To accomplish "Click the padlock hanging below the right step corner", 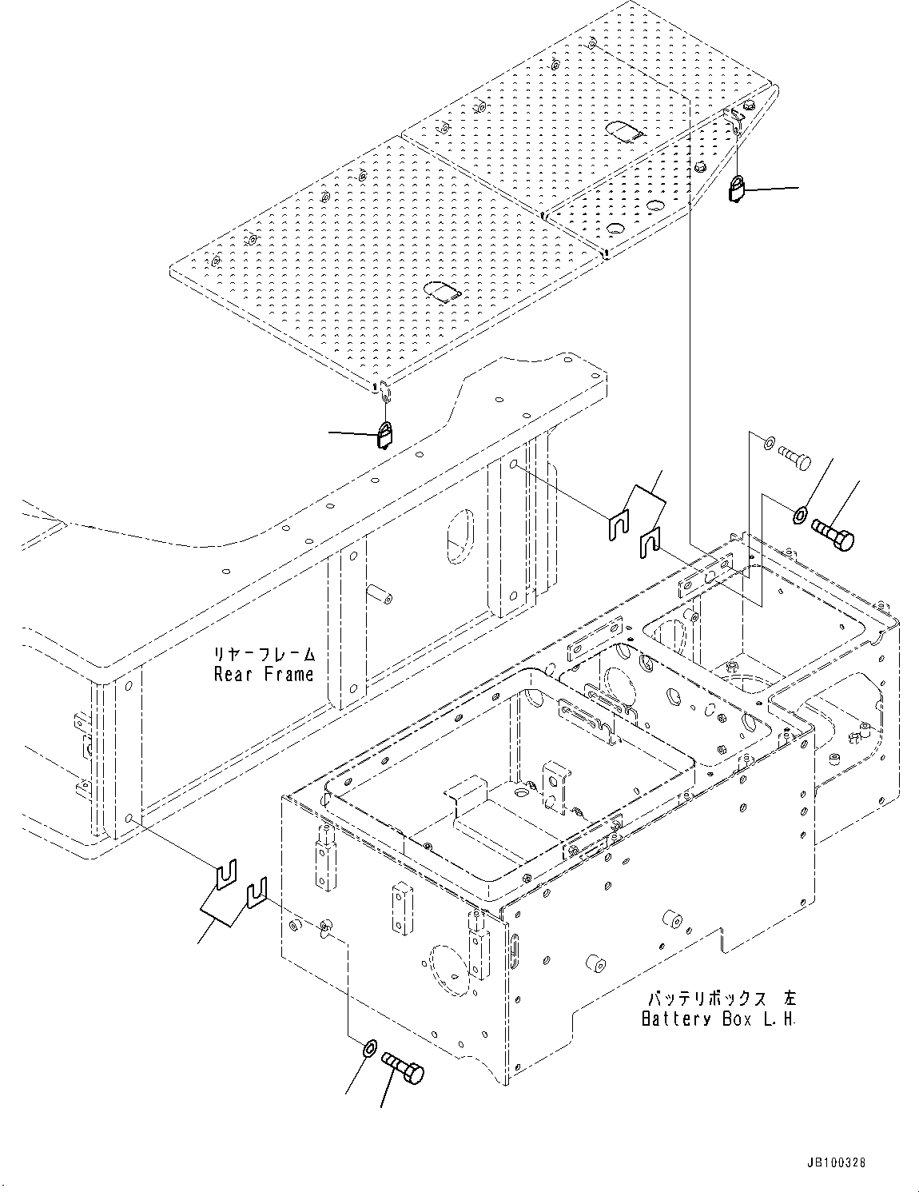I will [738, 190].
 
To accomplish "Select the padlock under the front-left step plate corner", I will [385, 435].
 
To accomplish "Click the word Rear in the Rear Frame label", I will [232, 674].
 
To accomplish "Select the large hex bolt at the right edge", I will [833, 533].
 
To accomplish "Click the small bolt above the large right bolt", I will [794, 457].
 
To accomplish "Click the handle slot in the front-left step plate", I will [441, 291].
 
